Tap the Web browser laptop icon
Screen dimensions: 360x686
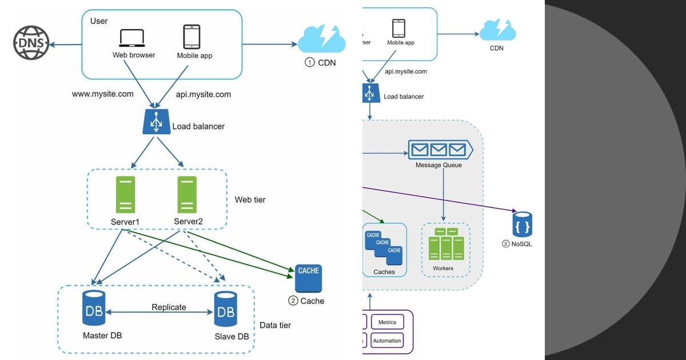pos(133,38)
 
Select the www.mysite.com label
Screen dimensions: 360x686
pos(103,94)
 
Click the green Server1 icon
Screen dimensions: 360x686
pos(125,195)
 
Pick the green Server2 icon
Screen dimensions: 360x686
pos(187,195)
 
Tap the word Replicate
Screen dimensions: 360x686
pos(169,307)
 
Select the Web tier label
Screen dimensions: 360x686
pos(250,200)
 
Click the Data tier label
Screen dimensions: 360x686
pos(275,325)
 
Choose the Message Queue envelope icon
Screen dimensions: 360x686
pos(440,150)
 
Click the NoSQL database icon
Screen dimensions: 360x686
pos(522,225)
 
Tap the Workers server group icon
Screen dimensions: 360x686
pos(446,244)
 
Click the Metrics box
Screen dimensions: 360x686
pos(387,322)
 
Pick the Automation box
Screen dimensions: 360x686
pos(387,341)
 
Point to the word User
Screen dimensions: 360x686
pos(99,21)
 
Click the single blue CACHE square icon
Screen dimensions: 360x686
pos(308,278)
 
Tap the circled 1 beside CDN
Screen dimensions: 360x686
pos(309,62)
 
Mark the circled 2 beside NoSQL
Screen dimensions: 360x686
pos(505,244)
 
